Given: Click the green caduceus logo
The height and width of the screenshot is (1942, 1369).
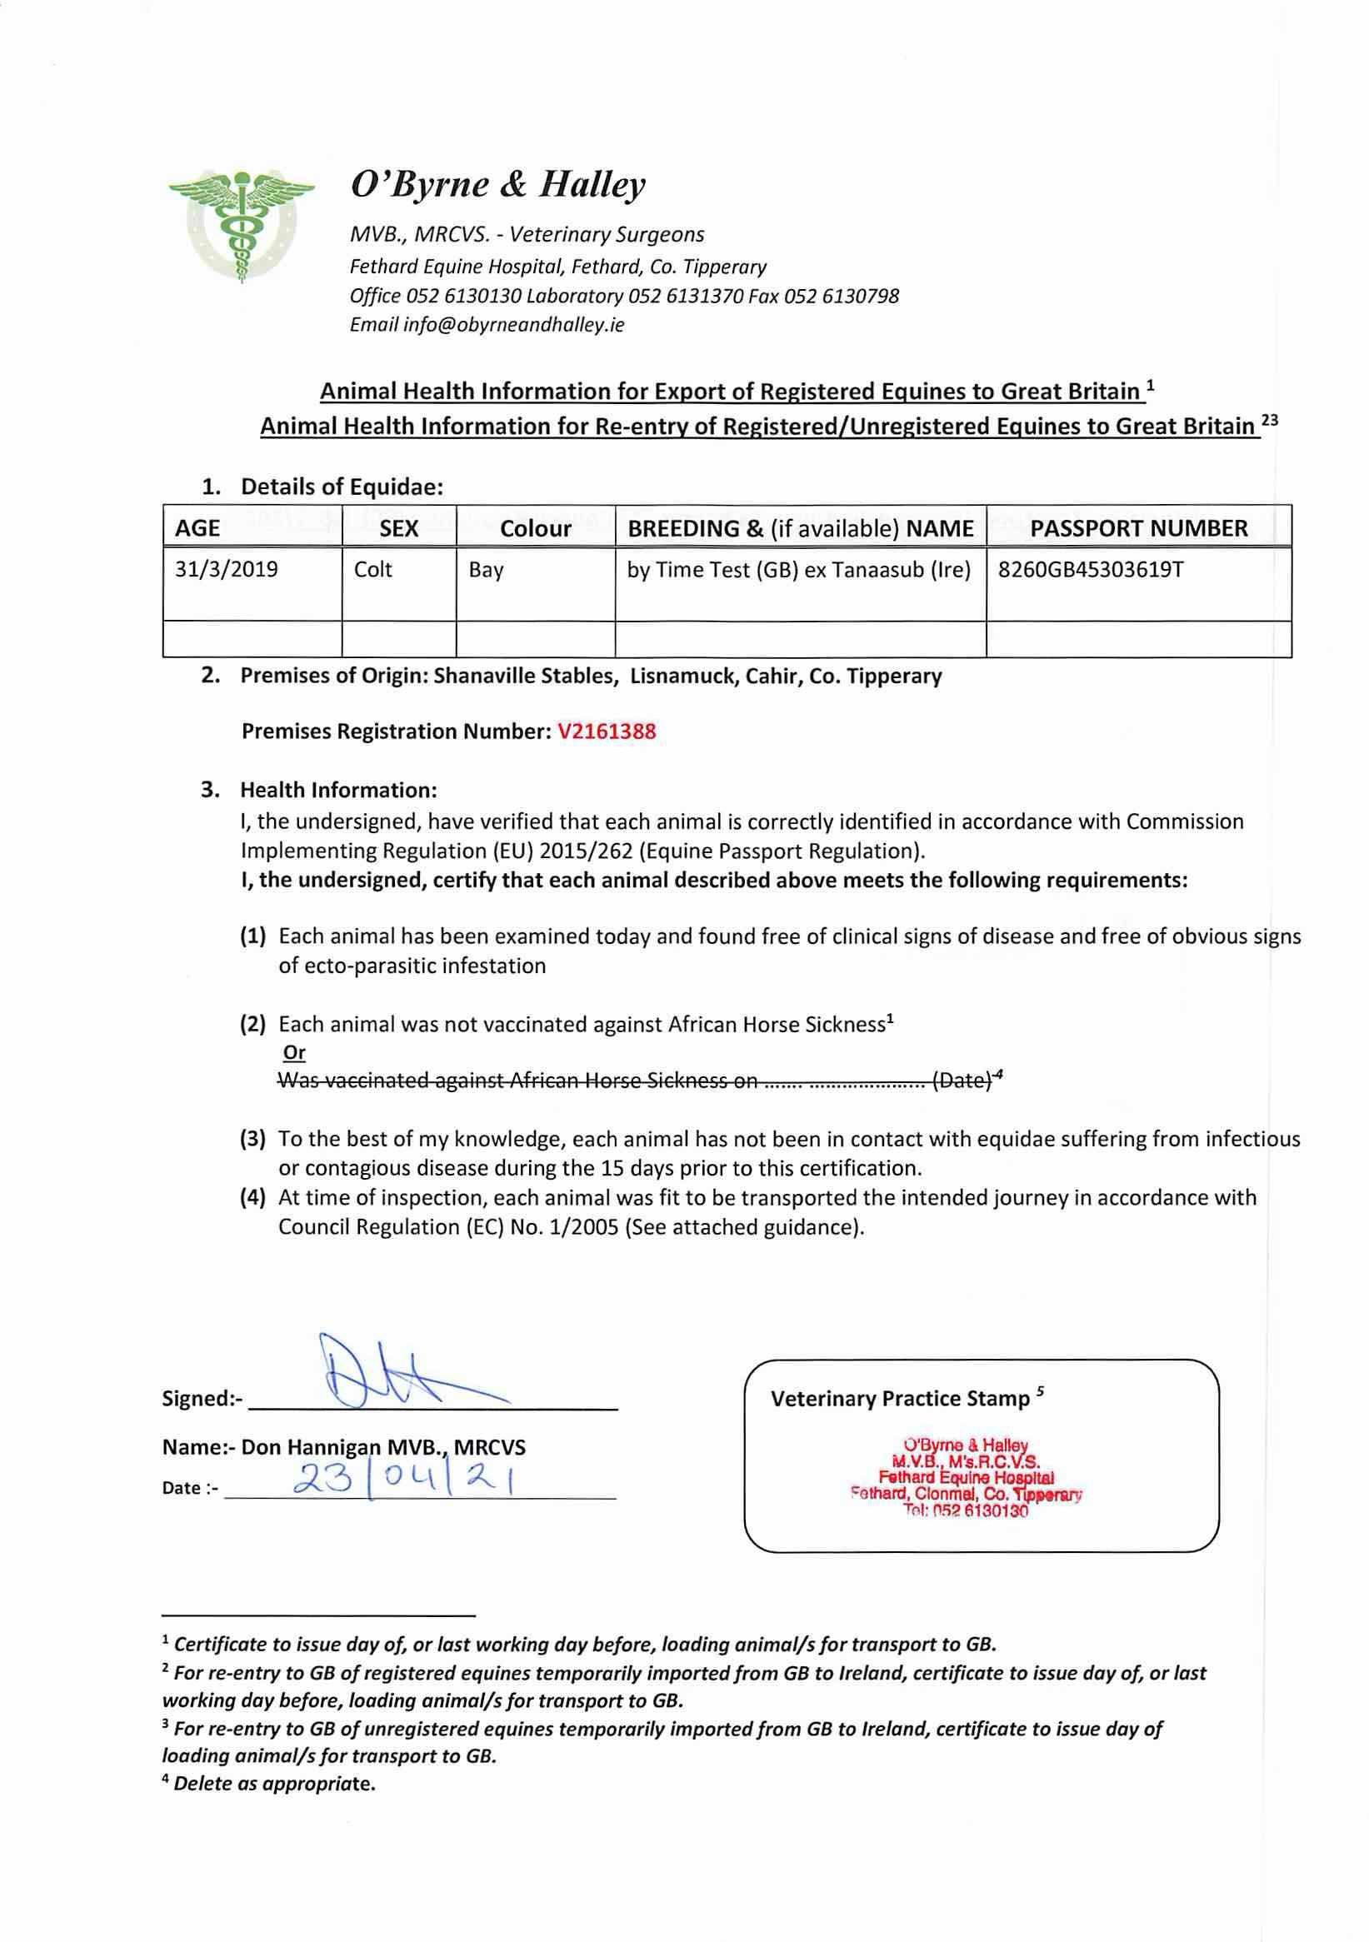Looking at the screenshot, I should tap(241, 222).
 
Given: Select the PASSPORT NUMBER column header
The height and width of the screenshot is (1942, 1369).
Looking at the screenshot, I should tap(1138, 529).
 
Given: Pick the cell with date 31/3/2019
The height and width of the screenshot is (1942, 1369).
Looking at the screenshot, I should tap(227, 569).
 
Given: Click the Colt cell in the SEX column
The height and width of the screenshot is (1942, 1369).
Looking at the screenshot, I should tap(373, 569).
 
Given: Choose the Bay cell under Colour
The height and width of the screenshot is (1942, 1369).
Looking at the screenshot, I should tap(487, 570).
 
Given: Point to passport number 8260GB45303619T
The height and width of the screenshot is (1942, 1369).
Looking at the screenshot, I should tap(1091, 569).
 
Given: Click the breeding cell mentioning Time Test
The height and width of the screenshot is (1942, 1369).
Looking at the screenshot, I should tap(798, 570).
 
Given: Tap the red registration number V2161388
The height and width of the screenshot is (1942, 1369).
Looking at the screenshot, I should tap(607, 731).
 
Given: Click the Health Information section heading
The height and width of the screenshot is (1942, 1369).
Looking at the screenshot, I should tap(338, 790).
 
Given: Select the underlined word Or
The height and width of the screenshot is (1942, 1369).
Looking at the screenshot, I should tap(293, 1053).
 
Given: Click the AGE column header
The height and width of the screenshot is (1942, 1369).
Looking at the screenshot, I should tap(198, 529).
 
